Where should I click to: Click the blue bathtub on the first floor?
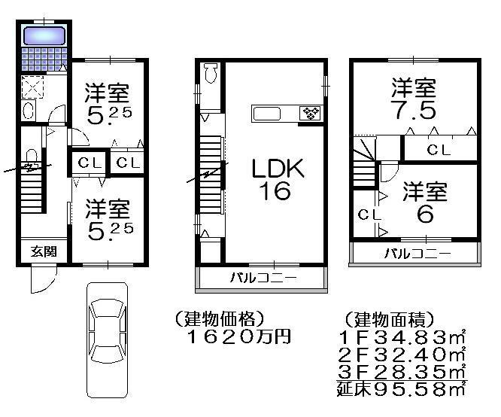(x=44, y=35)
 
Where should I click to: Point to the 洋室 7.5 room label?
(x=412, y=99)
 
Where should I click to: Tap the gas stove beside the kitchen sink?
(x=311, y=114)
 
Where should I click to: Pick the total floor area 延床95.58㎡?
(x=402, y=389)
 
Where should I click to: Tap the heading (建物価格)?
(x=219, y=318)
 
